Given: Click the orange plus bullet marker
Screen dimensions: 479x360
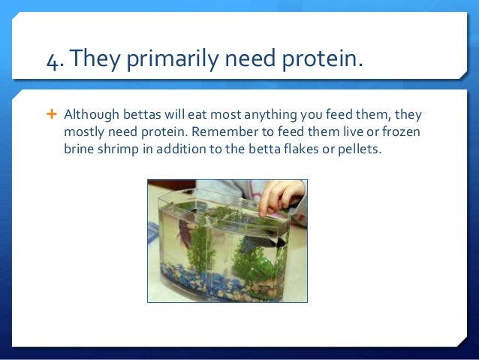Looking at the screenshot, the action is click(52, 114).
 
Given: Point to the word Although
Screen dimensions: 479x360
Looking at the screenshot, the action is click(92, 115).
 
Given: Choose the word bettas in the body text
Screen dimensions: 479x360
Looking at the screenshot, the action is click(142, 114).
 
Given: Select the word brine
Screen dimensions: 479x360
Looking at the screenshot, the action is click(79, 149).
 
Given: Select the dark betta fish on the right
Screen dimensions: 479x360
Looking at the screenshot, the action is click(264, 243).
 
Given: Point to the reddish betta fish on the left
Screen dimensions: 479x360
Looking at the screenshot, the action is click(184, 232).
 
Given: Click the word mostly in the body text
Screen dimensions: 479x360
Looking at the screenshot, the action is click(84, 132).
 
